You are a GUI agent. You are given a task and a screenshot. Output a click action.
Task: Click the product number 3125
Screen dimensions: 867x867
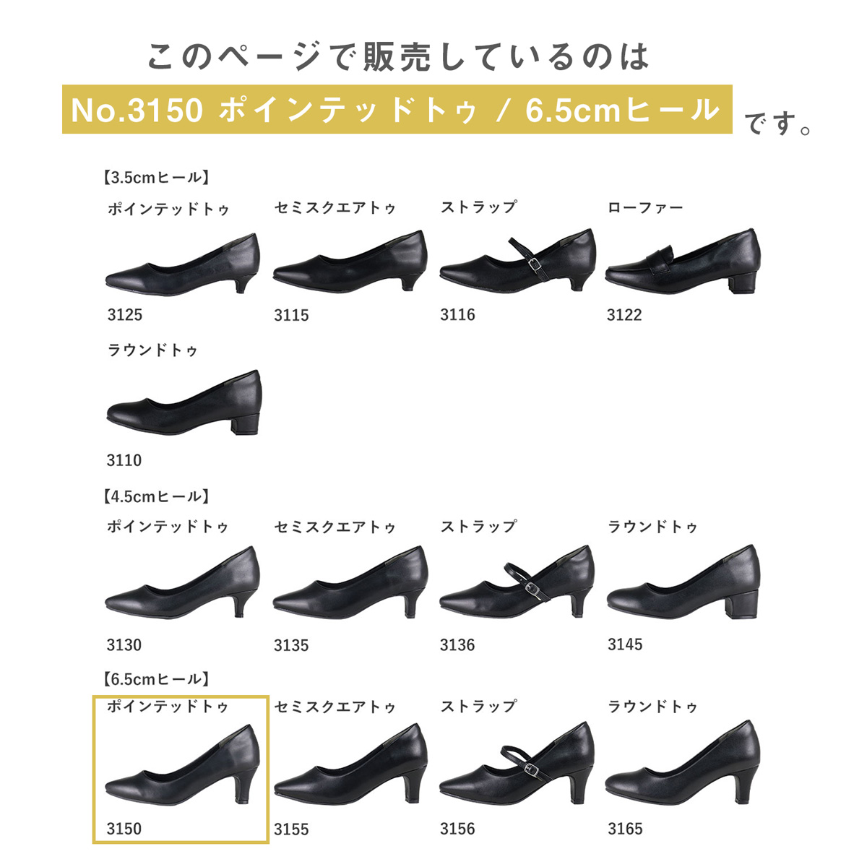(x=124, y=314)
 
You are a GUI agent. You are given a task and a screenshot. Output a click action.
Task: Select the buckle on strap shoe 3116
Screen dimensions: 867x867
(x=535, y=265)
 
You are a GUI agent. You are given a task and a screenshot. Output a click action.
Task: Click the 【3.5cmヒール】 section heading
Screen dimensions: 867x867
(x=155, y=177)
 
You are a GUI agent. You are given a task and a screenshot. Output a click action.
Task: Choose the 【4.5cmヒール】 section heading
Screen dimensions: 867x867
(x=155, y=496)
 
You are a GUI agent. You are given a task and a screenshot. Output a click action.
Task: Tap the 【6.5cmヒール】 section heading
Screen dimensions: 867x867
(x=155, y=678)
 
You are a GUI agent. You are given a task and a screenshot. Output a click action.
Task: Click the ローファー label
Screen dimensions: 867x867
(x=645, y=207)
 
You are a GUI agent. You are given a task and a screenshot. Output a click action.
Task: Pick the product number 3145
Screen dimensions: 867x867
(x=625, y=644)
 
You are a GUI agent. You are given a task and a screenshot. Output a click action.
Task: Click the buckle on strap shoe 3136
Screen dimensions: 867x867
(x=532, y=590)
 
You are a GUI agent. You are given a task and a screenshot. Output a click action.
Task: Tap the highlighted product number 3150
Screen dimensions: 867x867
(x=124, y=828)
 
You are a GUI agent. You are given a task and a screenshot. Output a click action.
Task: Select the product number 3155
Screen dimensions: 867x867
(x=291, y=829)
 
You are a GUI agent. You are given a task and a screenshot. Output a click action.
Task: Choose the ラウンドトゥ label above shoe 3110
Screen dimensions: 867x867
(x=152, y=350)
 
